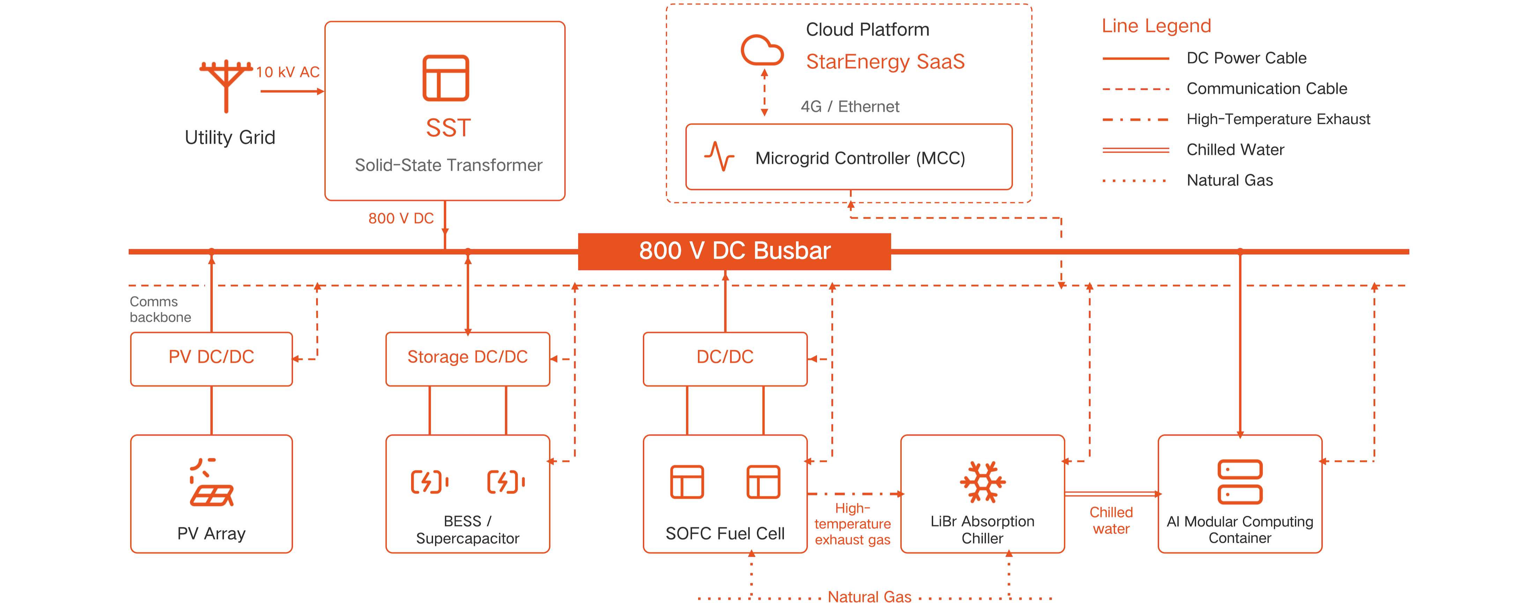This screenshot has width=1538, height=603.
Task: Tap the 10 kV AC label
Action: (288, 72)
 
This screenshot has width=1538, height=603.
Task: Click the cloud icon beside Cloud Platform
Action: (762, 50)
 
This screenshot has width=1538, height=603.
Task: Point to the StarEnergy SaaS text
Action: (885, 61)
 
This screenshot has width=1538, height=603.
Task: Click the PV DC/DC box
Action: (211, 359)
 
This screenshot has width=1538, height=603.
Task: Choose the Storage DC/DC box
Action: (467, 359)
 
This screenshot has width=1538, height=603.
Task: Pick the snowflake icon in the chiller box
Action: (982, 482)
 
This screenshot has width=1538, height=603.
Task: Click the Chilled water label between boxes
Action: (1111, 521)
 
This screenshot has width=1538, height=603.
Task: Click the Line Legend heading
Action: (1156, 26)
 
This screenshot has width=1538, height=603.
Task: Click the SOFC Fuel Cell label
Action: (725, 533)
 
